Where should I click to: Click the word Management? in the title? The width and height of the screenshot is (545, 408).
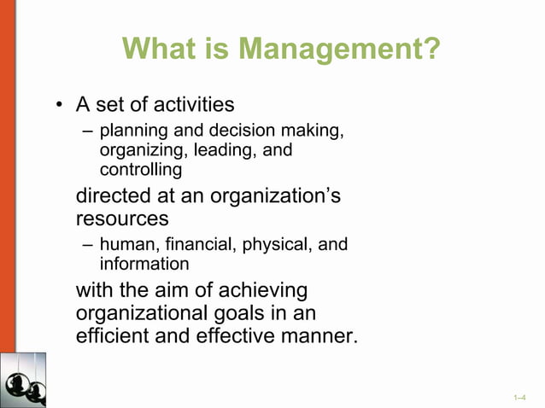click(x=339, y=49)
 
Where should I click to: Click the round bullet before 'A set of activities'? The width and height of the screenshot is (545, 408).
click(x=59, y=105)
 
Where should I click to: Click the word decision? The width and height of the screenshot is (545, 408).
click(x=233, y=131)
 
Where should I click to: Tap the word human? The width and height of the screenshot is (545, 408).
click(x=126, y=244)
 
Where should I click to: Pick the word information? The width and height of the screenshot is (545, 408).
click(x=144, y=264)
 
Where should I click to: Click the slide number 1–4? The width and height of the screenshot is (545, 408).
click(x=519, y=398)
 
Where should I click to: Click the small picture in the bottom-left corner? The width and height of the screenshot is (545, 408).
click(x=23, y=380)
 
